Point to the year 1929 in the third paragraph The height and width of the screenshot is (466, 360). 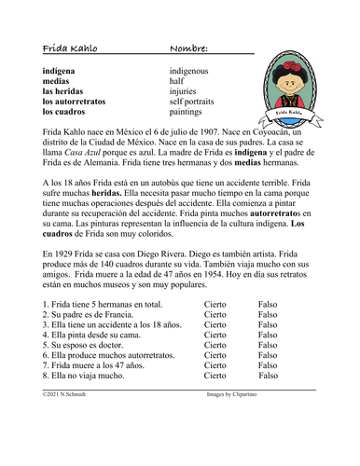[71, 278]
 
